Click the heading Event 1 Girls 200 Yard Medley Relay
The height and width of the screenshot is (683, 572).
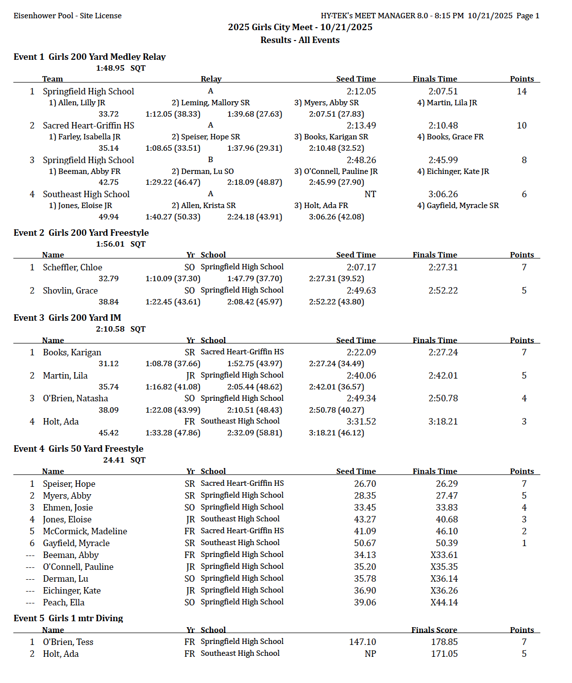coord(90,57)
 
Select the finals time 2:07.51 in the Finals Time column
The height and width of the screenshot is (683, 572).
coord(443,91)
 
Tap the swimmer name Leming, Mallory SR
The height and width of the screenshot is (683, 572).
coord(210,103)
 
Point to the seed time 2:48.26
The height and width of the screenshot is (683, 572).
coord(361,160)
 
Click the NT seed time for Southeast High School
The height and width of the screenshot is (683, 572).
coord(370,194)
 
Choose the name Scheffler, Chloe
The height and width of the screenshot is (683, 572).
coord(72,267)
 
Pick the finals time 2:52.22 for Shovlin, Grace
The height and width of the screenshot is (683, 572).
coord(443,291)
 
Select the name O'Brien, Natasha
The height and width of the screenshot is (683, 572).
coord(75,398)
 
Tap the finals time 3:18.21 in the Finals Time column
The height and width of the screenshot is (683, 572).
coord(443,422)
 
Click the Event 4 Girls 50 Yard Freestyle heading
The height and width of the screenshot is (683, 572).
coord(78,449)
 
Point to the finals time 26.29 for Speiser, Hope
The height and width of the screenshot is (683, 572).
coord(447,484)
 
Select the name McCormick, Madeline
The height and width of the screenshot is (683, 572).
coord(85,531)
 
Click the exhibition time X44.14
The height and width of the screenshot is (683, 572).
coord(444,602)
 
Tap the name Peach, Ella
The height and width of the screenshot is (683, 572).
coord(63,602)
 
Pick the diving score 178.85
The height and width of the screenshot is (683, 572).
coord(444,642)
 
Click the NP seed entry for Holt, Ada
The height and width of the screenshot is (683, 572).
coord(370,654)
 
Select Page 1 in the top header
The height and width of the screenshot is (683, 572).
coord(527,16)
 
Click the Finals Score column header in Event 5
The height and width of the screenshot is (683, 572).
coord(434,630)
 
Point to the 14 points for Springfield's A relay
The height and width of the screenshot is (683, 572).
coord(522,91)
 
